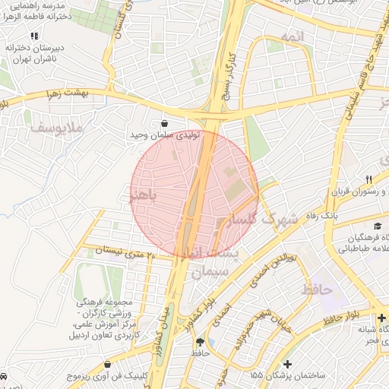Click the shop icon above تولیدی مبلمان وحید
point(165,123)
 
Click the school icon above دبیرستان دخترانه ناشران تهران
point(34,36)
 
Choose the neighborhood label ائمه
point(291,37)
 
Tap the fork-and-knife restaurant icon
point(368,179)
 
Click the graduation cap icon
point(378,226)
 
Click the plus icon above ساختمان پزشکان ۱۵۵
point(287,364)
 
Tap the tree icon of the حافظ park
point(200,343)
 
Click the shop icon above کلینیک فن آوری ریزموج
point(107,365)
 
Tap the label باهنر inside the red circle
point(143,196)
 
